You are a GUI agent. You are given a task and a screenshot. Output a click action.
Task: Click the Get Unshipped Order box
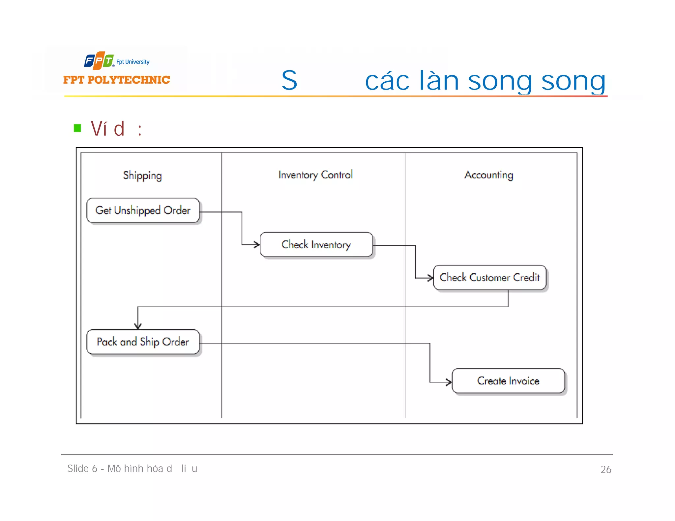pos(143,210)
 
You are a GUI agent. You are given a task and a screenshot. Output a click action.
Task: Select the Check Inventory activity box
pos(316,245)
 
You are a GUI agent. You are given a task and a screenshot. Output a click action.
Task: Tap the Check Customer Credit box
pos(489,278)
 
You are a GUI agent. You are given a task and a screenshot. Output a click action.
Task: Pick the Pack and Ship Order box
pos(143,342)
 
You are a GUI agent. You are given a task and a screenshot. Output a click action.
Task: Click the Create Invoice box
pos(508,381)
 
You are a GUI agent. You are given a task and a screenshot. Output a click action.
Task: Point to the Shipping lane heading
pos(142,176)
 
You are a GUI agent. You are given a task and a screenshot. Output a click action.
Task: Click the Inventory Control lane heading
pos(315,175)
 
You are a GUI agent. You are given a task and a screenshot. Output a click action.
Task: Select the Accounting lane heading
pos(489,175)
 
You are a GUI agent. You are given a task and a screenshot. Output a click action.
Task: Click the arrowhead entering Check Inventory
pos(257,245)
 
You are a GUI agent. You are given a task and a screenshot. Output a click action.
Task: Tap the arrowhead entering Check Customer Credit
pos(430,278)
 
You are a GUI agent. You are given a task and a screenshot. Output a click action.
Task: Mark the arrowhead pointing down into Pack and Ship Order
pos(138,326)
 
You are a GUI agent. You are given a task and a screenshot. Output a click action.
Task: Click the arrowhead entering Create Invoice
pos(449,382)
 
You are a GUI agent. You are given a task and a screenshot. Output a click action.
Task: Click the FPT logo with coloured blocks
pos(99,61)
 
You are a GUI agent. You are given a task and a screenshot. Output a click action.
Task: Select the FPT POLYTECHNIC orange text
pos(117,80)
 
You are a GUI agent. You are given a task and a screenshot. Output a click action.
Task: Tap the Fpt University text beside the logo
pos(133,62)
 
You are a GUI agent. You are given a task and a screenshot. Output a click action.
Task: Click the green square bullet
pos(77,128)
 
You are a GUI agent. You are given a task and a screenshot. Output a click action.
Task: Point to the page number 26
pos(605,470)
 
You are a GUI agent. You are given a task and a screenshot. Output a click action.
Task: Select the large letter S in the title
pos(289,80)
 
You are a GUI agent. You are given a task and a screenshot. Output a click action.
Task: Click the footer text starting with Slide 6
pos(132,469)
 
